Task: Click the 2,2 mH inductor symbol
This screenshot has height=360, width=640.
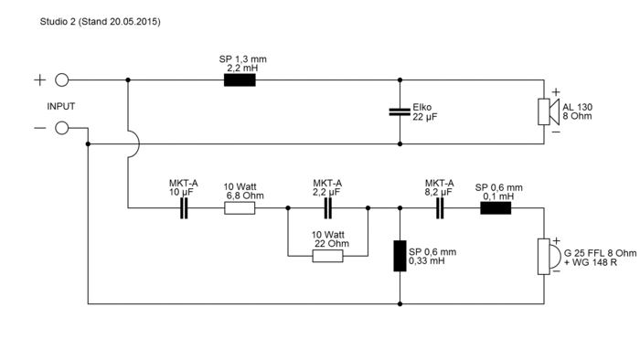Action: point(240,79)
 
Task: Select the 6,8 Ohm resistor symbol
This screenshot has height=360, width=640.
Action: point(240,208)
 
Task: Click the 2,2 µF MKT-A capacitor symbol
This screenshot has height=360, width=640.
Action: point(327,208)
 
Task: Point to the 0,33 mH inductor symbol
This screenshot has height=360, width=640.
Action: point(400,257)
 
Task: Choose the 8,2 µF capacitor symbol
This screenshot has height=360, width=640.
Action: point(439,208)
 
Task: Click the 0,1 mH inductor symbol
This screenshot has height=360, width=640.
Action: point(496,208)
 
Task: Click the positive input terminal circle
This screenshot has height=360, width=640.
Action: point(62,79)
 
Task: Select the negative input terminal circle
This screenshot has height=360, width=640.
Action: point(62,128)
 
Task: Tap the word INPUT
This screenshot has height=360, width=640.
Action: point(61,106)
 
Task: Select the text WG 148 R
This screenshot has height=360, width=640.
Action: point(592,262)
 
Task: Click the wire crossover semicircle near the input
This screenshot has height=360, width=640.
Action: point(133,144)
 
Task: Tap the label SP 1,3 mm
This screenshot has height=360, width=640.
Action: point(240,58)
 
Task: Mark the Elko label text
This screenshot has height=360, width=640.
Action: point(423,106)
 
